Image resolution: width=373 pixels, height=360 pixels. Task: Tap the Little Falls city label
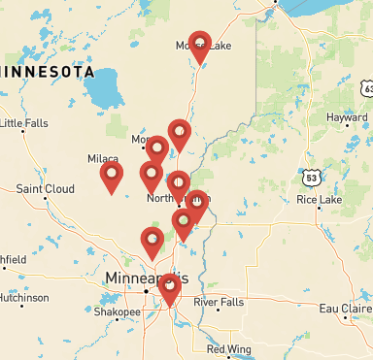pos(29,123)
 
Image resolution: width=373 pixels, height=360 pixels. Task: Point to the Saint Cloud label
pos(42,188)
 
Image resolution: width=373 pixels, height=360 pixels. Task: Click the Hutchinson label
pos(23,298)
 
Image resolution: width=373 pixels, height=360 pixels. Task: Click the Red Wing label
pos(229,349)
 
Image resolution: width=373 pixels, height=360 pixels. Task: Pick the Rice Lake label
pos(320,200)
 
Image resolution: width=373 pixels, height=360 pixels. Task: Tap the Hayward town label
pos(333,116)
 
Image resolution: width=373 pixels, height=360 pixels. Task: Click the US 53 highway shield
pos(310,179)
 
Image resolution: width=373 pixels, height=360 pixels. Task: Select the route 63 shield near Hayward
pos(368,88)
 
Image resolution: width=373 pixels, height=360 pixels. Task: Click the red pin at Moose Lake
pos(199,45)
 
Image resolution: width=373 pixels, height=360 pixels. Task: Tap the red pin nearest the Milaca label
pos(113,176)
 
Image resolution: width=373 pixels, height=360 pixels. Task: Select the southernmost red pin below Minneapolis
pos(170,288)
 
